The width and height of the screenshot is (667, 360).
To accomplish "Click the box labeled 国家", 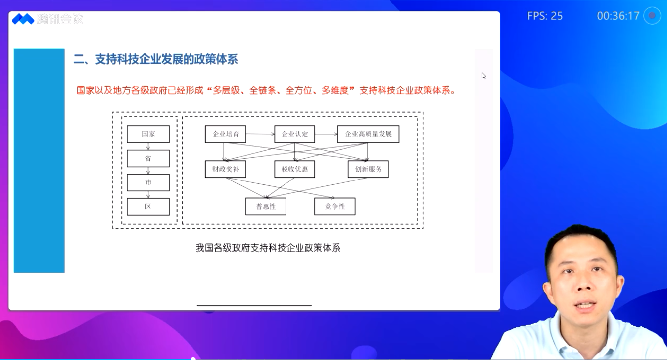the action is point(148,134).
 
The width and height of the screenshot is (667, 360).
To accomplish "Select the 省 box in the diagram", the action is point(148,158).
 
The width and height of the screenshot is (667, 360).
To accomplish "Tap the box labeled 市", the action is point(148,182).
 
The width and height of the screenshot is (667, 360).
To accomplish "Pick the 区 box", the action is point(148,207).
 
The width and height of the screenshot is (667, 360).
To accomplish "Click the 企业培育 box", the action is point(225,134).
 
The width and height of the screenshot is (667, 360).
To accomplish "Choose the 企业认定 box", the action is point(294,134).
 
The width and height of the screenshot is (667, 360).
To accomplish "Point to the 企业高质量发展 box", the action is point(369,134).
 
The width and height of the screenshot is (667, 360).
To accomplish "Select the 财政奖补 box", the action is point(225,169).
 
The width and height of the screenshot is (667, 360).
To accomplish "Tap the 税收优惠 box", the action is point(294,169).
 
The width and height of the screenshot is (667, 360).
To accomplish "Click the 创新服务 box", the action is point(369,169).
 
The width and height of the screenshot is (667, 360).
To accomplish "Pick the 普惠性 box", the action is point(266,206).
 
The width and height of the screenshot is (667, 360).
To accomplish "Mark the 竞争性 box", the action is point(335,206).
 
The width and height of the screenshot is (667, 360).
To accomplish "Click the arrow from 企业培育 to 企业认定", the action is point(260,134).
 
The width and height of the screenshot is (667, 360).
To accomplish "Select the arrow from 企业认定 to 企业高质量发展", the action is point(326,134).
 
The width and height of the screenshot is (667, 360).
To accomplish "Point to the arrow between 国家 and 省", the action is point(148,146).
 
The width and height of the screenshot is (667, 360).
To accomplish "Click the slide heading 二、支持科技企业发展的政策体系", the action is point(156,59).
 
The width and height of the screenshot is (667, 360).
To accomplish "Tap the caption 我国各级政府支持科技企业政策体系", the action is point(268,248).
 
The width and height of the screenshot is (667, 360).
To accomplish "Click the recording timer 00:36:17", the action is point(618,16).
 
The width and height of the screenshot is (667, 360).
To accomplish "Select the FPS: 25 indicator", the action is point(545,16).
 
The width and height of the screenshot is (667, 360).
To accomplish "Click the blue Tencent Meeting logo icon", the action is point(23,19).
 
